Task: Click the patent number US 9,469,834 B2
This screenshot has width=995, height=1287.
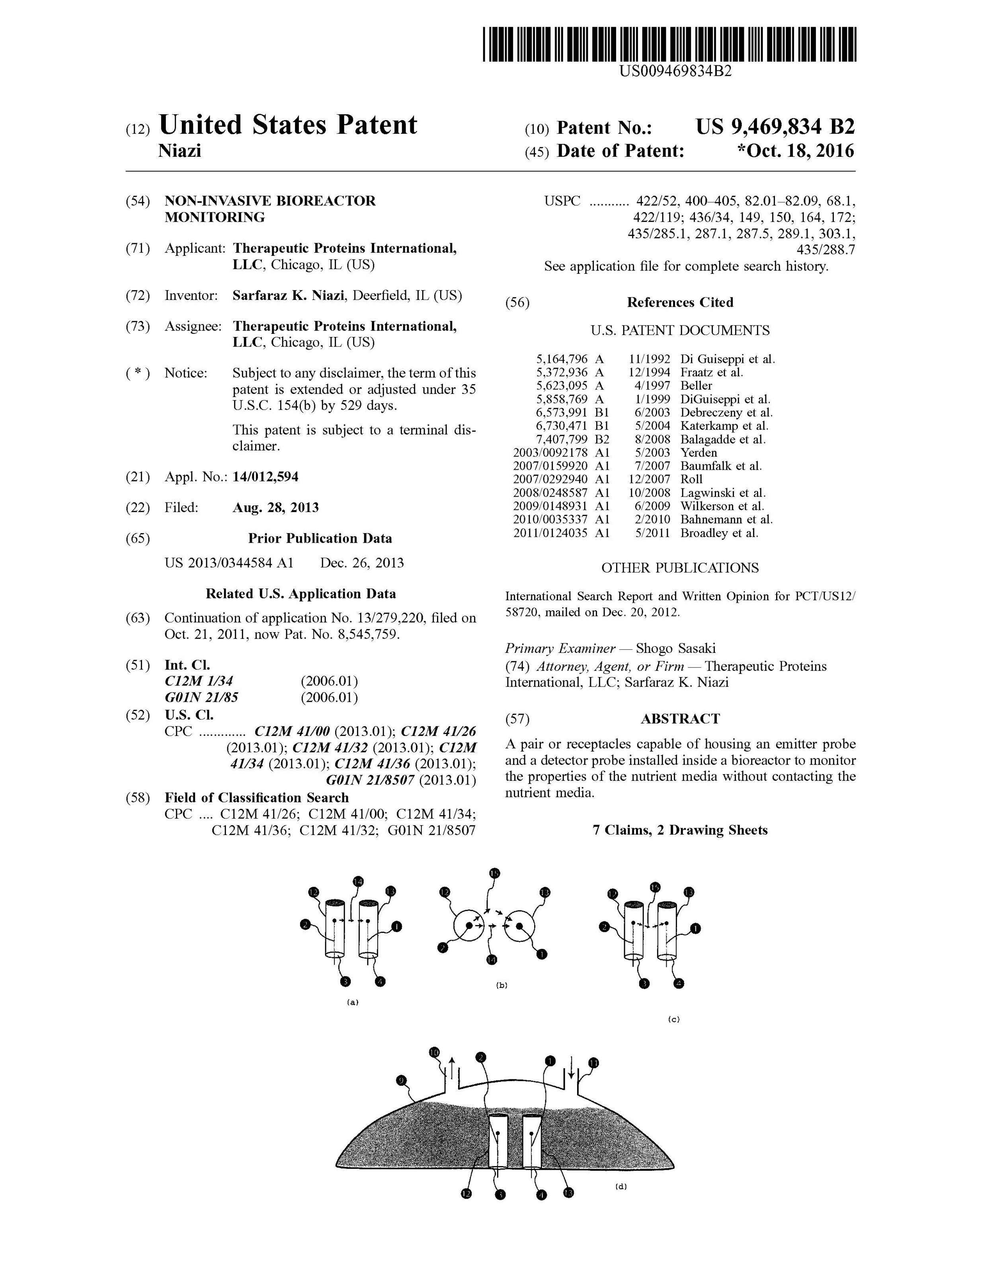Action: point(775,127)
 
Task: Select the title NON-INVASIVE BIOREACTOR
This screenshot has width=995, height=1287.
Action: point(270,201)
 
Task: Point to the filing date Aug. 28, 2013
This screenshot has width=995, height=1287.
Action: point(275,507)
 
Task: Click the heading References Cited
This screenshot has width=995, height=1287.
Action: point(680,302)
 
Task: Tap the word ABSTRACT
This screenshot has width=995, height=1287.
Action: point(680,719)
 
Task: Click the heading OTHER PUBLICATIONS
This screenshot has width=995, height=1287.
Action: point(680,568)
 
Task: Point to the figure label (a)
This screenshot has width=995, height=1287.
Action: point(353,1002)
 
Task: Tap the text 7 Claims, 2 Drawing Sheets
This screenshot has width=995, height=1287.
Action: point(680,830)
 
